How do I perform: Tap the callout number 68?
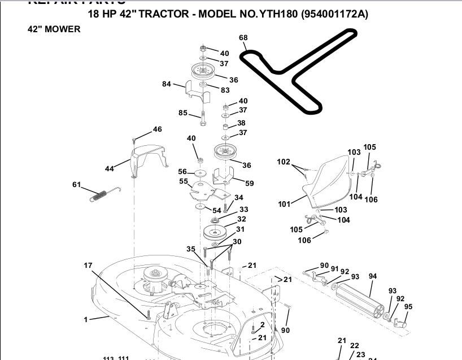click(243, 38)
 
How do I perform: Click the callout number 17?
click(88, 265)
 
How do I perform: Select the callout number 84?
click(166, 84)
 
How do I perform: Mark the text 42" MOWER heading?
click(54, 29)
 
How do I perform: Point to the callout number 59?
click(250, 183)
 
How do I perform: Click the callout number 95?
click(408, 307)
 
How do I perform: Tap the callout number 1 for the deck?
click(86, 319)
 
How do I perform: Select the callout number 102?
click(284, 162)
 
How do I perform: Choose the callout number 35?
click(191, 249)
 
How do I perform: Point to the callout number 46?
click(157, 129)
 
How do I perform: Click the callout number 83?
click(225, 90)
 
